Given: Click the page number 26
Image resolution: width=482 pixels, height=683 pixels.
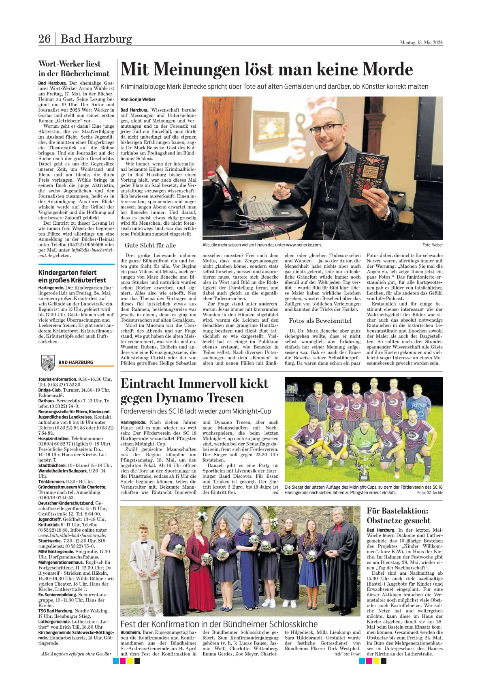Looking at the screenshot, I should [x=44, y=39].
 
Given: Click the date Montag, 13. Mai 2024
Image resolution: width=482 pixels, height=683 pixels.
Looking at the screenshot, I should [x=421, y=42].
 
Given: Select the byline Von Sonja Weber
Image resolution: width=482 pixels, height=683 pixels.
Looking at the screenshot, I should [x=138, y=99].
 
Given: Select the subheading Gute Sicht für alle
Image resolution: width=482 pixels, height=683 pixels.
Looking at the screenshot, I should [x=150, y=245].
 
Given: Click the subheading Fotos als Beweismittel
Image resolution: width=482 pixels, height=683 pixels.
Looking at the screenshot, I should [x=320, y=321].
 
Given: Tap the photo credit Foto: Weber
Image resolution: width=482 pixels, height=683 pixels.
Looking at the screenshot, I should [x=432, y=245].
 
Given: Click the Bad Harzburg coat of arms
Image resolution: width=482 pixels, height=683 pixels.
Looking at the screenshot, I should [x=48, y=363].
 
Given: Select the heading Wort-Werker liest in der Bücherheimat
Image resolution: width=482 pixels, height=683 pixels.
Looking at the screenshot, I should [x=74, y=69].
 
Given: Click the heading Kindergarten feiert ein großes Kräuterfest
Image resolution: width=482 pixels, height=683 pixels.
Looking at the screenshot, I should [x=72, y=276].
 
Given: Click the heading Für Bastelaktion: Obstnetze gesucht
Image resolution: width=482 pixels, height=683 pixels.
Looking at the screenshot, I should [x=399, y=515].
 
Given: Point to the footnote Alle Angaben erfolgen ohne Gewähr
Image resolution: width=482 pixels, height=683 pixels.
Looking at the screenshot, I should [x=76, y=654].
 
